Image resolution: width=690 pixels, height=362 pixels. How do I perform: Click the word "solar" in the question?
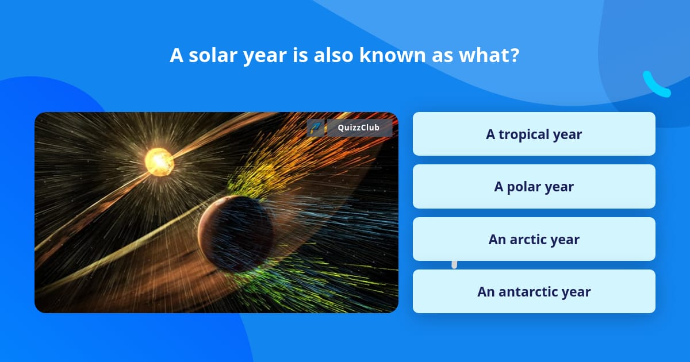213,55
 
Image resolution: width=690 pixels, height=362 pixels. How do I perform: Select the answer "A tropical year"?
534,134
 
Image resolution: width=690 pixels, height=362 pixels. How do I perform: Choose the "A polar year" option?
534,187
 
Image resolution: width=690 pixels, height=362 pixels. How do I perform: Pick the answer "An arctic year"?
534,239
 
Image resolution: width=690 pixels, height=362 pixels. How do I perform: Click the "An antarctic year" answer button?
534,291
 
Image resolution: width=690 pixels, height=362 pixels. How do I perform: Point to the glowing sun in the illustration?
159,162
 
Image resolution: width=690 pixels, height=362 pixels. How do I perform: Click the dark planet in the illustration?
235,234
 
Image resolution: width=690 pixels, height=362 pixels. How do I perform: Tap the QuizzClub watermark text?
359,128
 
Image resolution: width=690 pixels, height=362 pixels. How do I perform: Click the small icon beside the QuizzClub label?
316,128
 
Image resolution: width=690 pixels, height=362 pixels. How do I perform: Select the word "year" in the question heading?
265,57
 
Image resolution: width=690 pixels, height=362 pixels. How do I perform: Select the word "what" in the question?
484,55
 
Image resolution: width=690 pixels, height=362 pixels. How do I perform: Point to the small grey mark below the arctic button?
454,264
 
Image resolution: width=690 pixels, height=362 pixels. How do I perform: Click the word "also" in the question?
333,55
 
